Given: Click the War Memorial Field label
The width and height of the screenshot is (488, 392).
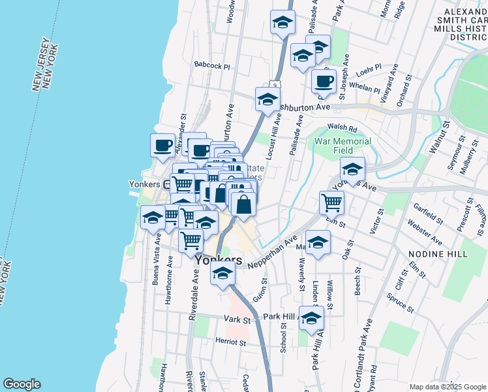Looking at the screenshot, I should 343,146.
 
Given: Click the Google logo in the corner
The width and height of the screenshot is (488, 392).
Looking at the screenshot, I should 22,384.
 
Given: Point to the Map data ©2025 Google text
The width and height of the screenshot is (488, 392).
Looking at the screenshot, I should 447,387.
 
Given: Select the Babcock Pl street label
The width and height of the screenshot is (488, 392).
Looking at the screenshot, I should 212,66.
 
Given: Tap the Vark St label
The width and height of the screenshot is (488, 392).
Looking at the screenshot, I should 237,319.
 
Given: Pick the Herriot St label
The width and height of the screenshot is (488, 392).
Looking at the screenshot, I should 232,342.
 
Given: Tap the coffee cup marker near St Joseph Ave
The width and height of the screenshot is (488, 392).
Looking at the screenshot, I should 323,82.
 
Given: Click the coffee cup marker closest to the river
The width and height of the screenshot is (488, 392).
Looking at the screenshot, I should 162,145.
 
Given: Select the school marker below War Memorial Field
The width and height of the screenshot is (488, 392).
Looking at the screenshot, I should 352,171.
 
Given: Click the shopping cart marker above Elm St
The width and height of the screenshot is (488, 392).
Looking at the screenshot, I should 331,203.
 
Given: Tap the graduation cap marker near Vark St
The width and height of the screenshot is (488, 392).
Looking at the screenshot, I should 311,318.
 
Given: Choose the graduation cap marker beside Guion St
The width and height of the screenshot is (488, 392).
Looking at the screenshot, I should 222,273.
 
